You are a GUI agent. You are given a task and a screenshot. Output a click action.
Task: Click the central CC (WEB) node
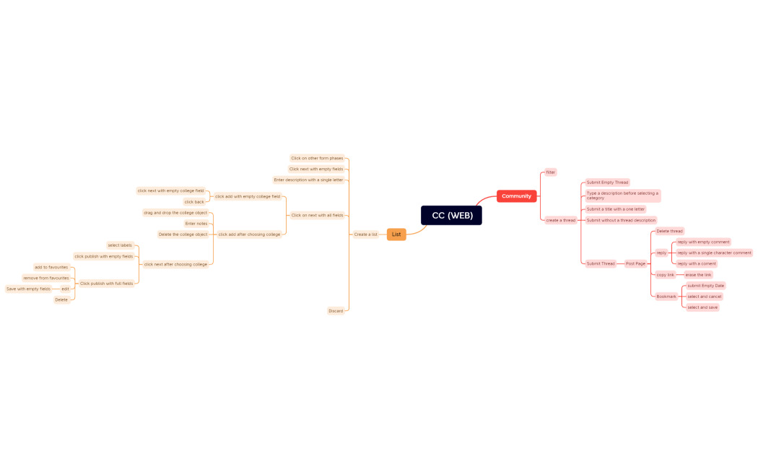click(x=451, y=215)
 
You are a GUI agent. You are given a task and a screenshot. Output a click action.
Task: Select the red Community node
click(x=516, y=196)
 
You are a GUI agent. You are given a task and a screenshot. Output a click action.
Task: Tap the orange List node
click(x=396, y=234)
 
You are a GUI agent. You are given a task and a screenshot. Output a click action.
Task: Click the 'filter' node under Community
click(x=550, y=172)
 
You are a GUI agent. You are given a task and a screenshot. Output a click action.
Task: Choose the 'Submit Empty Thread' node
click(x=607, y=183)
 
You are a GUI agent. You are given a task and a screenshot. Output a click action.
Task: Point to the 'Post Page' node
click(x=635, y=263)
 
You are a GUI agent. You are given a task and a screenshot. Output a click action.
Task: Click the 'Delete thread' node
click(x=669, y=231)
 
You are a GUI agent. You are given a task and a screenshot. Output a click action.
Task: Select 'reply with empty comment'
click(x=703, y=242)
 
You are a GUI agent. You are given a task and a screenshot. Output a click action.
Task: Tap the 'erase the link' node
click(x=698, y=275)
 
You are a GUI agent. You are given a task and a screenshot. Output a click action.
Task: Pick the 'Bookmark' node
click(x=666, y=297)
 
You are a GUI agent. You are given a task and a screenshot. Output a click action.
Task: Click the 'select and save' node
click(x=702, y=307)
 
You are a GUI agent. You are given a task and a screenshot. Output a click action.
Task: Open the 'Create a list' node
click(x=365, y=234)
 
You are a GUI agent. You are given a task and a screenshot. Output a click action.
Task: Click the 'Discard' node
click(x=336, y=311)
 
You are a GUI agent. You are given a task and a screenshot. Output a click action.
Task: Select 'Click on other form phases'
click(x=317, y=158)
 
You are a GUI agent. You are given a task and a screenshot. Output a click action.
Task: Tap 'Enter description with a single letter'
click(x=308, y=180)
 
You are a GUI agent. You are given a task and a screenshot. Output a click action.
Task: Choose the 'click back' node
click(x=194, y=202)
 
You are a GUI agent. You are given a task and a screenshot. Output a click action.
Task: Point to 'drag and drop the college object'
click(x=175, y=213)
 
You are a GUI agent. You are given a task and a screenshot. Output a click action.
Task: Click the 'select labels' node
click(x=120, y=245)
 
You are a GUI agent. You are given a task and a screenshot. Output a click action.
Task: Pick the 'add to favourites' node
click(x=51, y=267)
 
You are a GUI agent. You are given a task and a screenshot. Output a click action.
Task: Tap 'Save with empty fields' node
click(x=28, y=289)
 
